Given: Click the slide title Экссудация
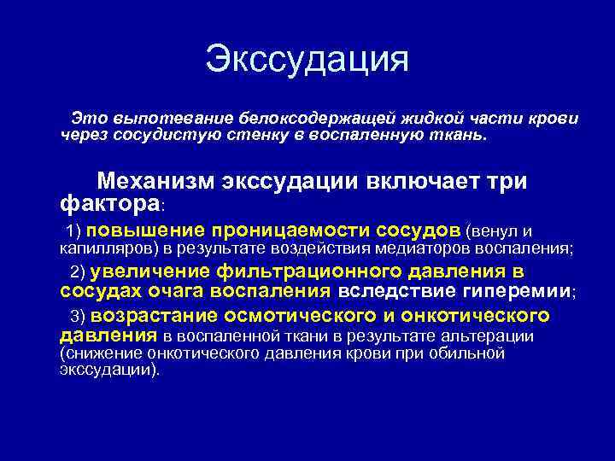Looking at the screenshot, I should pos(307,60).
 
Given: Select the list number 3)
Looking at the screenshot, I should pos(79,316).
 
